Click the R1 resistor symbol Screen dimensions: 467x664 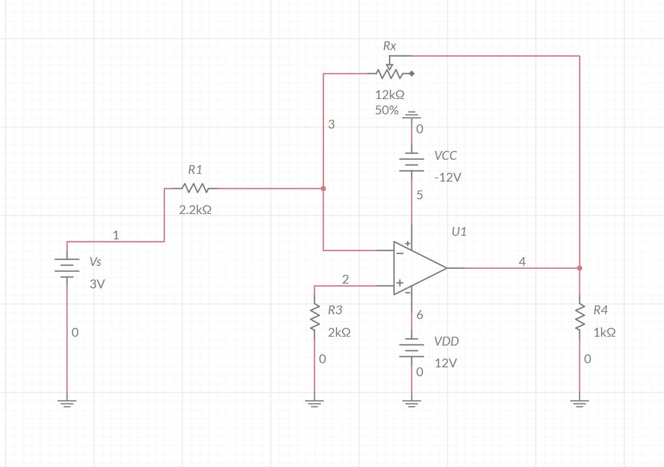click(195, 189)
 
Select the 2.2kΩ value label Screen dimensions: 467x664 click(195, 210)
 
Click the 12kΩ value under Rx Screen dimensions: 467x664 click(389, 94)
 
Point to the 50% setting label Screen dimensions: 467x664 click(386, 110)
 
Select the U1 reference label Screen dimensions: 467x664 click(459, 232)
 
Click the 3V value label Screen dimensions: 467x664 click(97, 284)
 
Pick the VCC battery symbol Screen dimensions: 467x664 click(412, 163)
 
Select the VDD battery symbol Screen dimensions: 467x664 click(412, 348)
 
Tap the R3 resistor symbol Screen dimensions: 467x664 click(315, 321)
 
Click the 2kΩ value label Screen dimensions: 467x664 click(339, 333)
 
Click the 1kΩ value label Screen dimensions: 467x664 click(604, 333)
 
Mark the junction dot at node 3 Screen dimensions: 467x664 click(323, 189)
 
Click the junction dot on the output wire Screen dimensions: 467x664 click(580, 268)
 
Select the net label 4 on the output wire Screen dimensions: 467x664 click(522, 262)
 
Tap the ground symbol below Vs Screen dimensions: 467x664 click(67, 404)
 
